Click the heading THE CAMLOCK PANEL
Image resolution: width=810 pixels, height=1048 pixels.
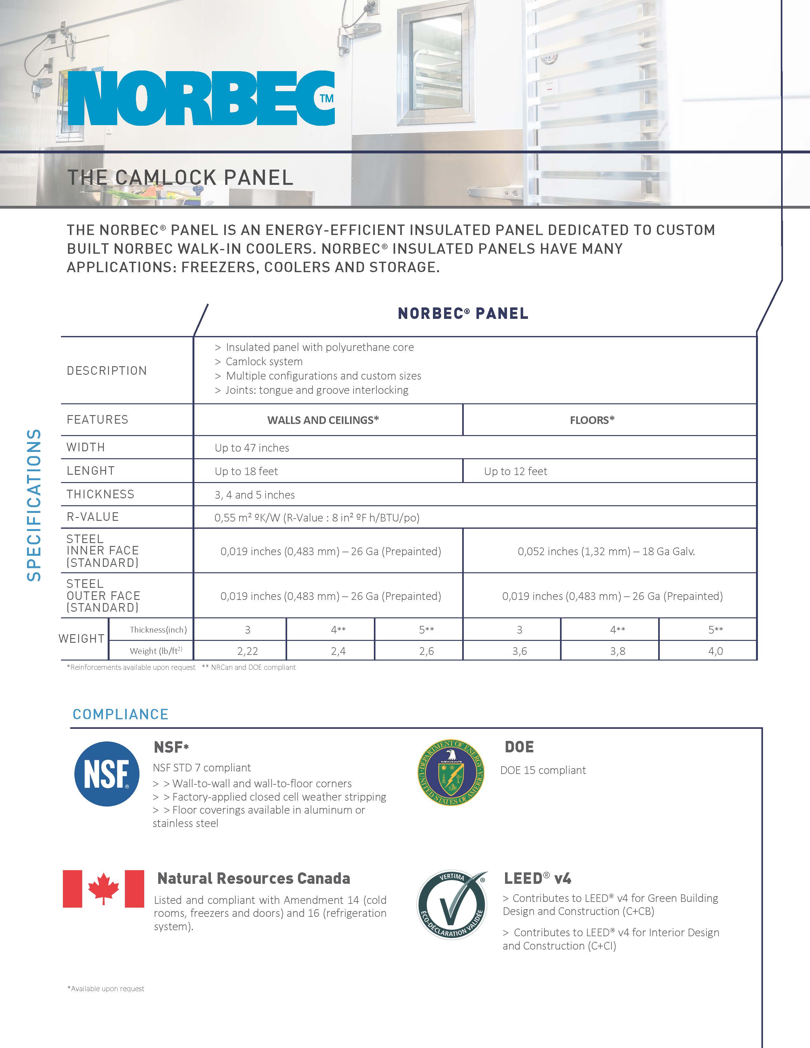point(180,178)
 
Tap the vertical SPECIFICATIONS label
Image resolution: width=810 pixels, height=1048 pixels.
point(34,505)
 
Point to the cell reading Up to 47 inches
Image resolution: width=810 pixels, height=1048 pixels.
point(252,448)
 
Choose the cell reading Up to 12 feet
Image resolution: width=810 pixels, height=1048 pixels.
point(515,471)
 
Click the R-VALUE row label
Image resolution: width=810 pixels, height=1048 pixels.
point(93,517)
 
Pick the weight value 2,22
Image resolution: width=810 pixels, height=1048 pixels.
point(248,651)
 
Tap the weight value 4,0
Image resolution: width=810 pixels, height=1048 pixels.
point(715,651)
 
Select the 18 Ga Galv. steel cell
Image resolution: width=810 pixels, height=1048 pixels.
point(606,551)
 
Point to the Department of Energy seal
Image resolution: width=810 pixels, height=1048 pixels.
point(451,772)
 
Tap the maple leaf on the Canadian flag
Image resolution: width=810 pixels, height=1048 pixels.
point(104,889)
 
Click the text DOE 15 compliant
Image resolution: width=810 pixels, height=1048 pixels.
point(543,770)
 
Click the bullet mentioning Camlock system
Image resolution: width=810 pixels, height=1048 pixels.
point(264,361)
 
